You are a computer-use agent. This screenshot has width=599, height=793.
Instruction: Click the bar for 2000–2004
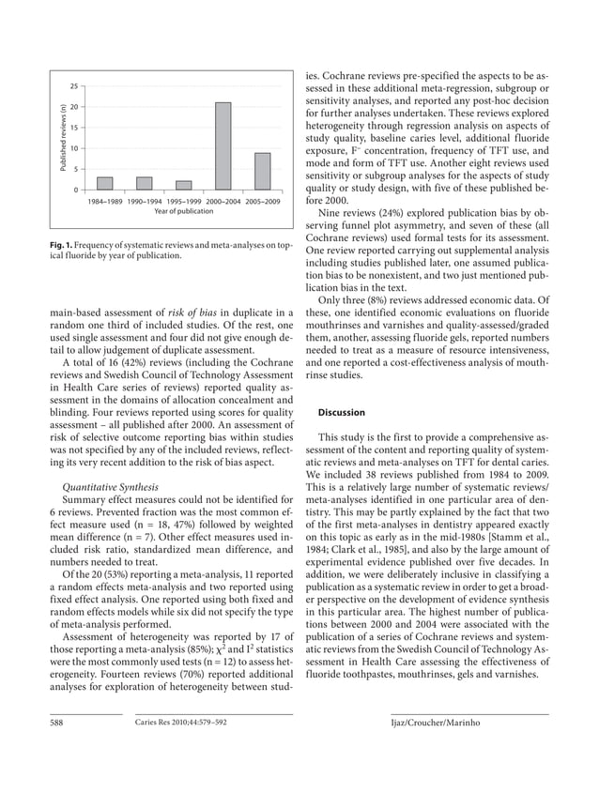(223, 146)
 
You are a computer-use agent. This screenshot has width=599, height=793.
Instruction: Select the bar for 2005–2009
(263, 172)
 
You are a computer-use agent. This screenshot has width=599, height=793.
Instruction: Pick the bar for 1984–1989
(105, 183)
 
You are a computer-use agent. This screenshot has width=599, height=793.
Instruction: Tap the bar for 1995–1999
(184, 185)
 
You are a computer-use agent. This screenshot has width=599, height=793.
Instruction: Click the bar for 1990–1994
(145, 183)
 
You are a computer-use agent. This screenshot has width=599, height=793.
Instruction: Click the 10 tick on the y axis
(72, 148)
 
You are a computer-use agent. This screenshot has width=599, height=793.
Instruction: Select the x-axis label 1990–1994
(145, 201)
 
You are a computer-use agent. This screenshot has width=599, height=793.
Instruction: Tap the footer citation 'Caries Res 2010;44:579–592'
(181, 722)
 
